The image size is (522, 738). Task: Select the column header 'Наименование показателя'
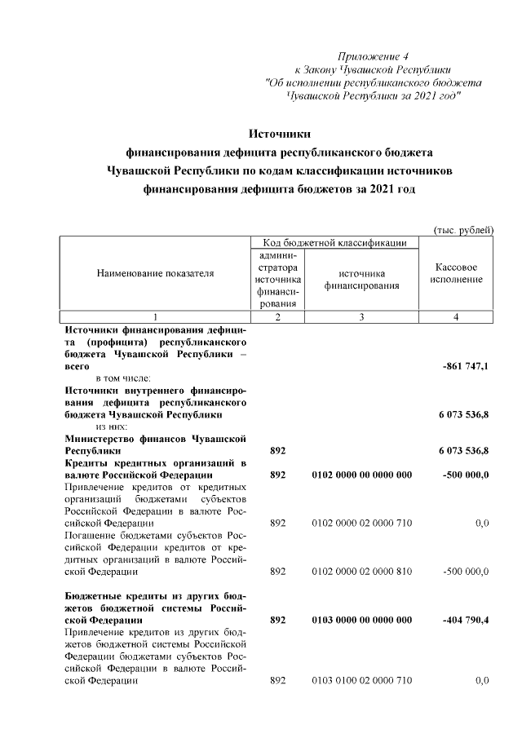point(155,274)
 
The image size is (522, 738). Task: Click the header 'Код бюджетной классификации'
point(336,243)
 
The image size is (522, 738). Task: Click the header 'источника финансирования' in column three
point(361,280)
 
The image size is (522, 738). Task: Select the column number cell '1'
point(155,317)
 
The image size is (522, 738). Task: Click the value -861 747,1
point(465,368)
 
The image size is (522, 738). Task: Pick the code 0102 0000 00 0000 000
point(361,475)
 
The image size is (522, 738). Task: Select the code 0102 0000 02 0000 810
point(361,572)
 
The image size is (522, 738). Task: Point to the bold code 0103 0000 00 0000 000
point(361,621)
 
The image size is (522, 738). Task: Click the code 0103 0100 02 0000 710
point(361,681)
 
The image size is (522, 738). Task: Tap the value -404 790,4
point(465,621)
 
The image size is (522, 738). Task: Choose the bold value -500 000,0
point(465,475)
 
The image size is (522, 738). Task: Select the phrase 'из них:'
point(113,426)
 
